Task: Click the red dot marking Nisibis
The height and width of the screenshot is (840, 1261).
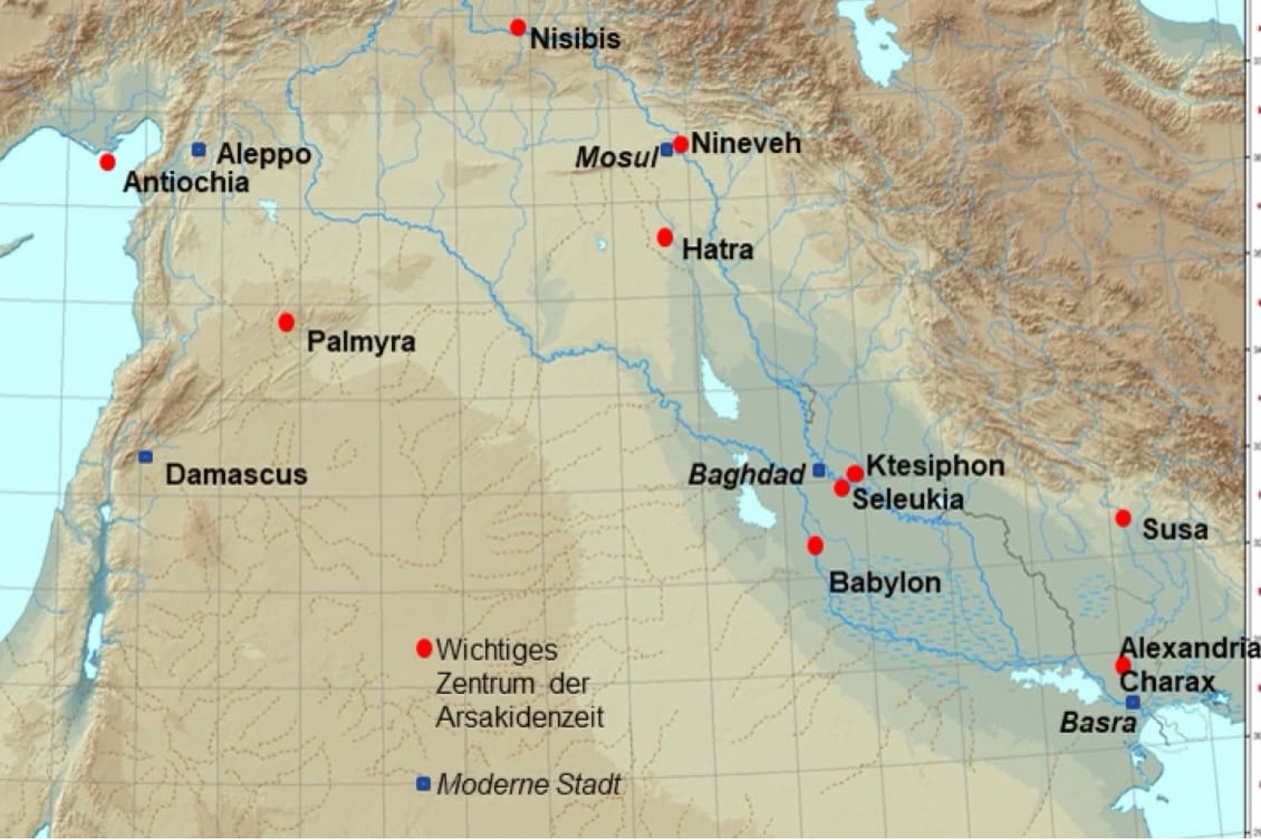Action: tap(518, 28)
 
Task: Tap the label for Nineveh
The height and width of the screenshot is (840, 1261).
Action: tap(746, 143)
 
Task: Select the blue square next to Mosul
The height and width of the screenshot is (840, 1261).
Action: tap(667, 150)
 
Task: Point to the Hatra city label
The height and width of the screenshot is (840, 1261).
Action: tap(717, 249)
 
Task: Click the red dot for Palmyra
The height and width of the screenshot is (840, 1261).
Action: tap(286, 322)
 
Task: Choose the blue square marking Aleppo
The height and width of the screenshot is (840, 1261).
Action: tap(198, 150)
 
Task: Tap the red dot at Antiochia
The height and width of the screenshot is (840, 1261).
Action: tap(107, 161)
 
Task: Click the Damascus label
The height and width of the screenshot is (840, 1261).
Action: tap(236, 475)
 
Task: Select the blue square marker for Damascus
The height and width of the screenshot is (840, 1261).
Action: tap(145, 457)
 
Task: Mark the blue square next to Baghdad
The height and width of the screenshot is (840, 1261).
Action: tap(819, 470)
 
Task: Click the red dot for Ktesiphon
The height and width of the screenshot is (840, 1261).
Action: tap(855, 474)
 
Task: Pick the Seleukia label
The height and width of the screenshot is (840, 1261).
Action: tap(908, 500)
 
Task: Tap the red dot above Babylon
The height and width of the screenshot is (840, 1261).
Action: tap(815, 546)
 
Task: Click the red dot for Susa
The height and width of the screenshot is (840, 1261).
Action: tap(1123, 518)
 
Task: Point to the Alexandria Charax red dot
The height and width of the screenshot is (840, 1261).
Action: tap(1122, 666)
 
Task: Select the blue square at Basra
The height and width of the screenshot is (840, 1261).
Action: tap(1132, 702)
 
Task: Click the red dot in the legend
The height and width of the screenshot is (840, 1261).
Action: tap(424, 648)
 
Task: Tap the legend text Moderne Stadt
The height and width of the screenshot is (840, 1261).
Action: tap(529, 785)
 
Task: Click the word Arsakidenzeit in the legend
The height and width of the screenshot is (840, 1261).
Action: tap(520, 717)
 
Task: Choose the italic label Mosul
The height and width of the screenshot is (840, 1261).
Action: tap(616, 157)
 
